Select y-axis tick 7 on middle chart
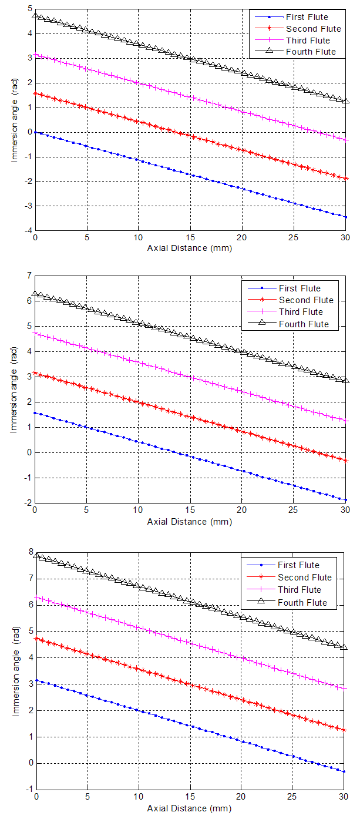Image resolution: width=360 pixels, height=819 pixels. pos(29,275)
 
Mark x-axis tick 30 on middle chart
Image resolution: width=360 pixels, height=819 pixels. pos(345,511)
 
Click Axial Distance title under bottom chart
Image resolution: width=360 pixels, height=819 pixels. pos(190,808)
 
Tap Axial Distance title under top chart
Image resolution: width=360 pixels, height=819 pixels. pos(190,247)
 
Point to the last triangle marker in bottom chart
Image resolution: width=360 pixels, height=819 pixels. pos(345,647)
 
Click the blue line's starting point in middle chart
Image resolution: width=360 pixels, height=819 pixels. pos(35,412)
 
